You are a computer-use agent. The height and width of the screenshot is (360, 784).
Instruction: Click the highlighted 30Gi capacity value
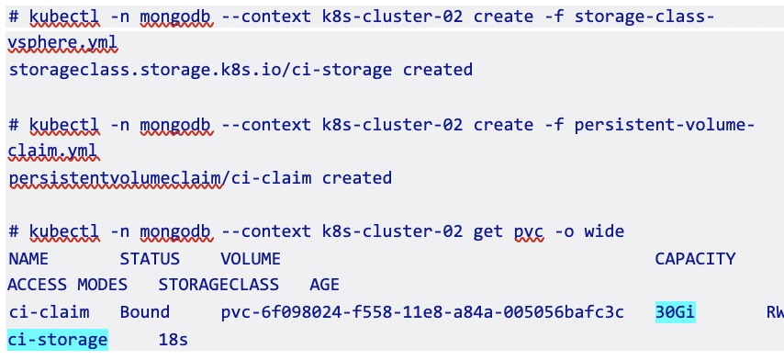click(675, 312)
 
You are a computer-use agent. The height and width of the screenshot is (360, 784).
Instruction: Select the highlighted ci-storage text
click(58, 340)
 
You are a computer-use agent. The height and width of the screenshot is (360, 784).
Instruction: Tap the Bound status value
click(144, 312)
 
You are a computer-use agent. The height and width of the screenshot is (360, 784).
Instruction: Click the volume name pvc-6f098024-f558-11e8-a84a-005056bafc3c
click(422, 312)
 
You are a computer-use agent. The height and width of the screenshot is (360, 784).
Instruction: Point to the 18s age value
click(173, 340)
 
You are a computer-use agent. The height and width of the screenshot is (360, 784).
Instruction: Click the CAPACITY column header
click(695, 259)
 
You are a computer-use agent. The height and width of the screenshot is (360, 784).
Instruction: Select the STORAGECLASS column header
click(218, 285)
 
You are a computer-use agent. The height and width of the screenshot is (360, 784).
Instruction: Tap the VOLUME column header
click(251, 259)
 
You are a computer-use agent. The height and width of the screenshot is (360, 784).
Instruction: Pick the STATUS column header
click(150, 259)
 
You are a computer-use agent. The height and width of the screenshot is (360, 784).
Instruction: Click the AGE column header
click(324, 285)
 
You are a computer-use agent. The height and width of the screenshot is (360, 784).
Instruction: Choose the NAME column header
click(28, 259)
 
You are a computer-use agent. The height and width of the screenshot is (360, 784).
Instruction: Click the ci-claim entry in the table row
click(49, 312)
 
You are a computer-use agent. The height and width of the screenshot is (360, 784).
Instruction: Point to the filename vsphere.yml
click(62, 44)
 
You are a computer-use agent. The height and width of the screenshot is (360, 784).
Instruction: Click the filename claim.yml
click(54, 151)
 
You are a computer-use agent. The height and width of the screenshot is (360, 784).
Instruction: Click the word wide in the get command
click(604, 231)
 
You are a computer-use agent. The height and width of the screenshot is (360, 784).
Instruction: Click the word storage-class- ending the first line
click(644, 18)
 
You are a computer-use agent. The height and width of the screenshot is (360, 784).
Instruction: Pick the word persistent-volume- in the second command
click(665, 125)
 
